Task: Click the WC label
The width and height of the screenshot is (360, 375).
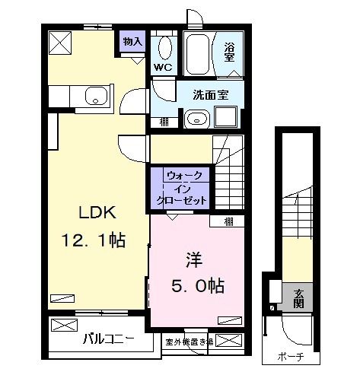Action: click(x=162, y=67)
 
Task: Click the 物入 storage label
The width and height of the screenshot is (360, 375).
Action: click(x=132, y=40)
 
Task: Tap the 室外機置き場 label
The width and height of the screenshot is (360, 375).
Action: click(x=185, y=342)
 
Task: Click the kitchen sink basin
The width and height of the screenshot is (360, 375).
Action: click(x=95, y=97)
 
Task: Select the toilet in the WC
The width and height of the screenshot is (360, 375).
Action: click(x=162, y=47)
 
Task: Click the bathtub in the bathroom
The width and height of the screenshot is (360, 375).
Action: click(x=200, y=51)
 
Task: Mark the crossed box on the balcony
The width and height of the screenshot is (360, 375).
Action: click(x=65, y=324)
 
